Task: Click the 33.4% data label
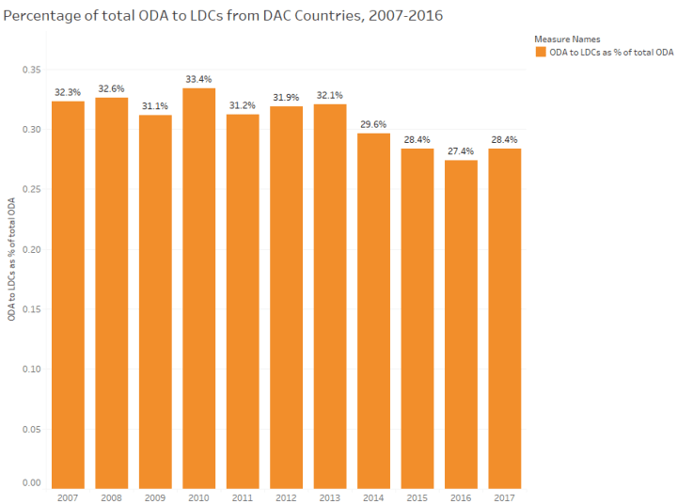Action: point(198,79)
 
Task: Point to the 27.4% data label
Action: point(461,150)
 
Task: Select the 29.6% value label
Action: point(373,124)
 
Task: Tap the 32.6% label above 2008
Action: point(111,88)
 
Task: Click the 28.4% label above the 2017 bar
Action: point(504,139)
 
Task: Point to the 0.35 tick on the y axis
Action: point(31,70)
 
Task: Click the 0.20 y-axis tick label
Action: point(31,249)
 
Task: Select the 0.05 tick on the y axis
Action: point(31,429)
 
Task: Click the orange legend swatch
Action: point(540,53)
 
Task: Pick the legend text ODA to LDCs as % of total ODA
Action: point(611,53)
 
